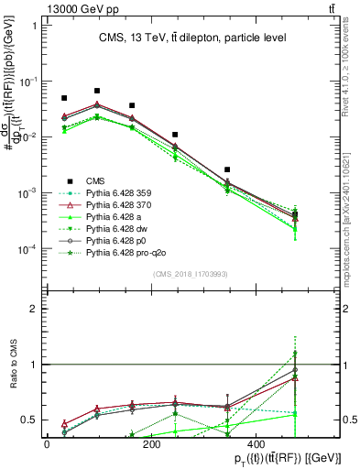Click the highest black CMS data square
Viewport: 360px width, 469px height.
[x=97, y=91]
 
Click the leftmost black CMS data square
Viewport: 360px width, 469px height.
[x=64, y=98]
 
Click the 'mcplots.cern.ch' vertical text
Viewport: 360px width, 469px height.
[x=353, y=229]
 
